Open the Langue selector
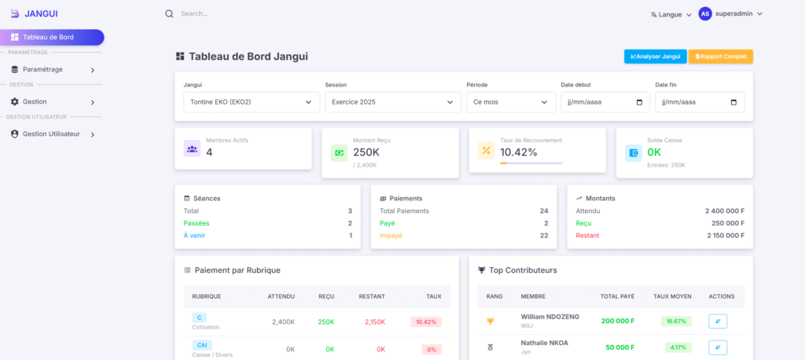pos(671,14)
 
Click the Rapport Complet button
pos(720,57)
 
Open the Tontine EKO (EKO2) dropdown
pos(251,102)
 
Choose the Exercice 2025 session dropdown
pos(392,102)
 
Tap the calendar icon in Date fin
pos(733,102)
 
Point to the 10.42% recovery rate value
pos(519,152)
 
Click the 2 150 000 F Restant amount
pos(715,235)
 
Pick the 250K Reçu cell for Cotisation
pos(325,321)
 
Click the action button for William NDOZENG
pos(717,321)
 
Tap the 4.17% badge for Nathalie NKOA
pos(678,347)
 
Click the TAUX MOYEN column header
pos(672,296)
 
